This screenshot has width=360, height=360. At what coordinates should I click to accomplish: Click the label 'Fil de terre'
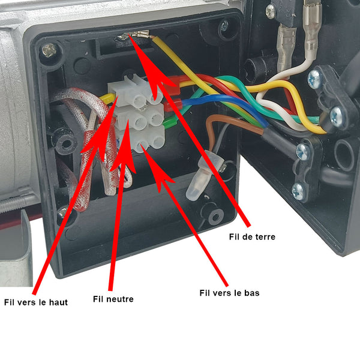[252, 237]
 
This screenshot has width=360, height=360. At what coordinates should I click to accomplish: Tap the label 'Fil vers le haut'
[36, 302]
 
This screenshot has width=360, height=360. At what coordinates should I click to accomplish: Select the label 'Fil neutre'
[113, 299]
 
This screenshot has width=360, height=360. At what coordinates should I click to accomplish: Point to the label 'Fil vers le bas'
[229, 293]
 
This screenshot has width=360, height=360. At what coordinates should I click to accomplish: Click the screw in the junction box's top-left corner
[49, 50]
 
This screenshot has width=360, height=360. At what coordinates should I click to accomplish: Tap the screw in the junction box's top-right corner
[224, 25]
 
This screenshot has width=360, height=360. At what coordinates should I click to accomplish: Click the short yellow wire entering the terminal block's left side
[107, 97]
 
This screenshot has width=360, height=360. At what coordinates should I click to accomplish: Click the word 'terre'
[264, 237]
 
